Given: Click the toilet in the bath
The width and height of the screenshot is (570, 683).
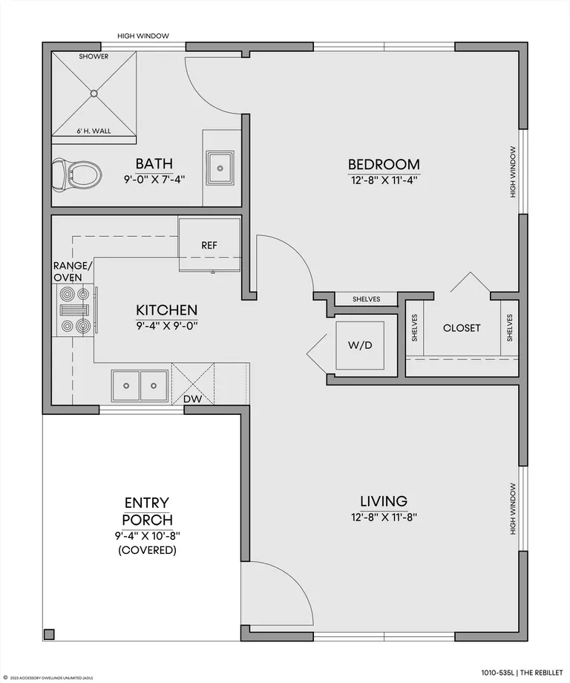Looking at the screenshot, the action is [x=77, y=175].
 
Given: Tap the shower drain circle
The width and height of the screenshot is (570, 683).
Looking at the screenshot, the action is [x=94, y=94].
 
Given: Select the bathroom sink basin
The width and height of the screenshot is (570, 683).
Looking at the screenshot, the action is [x=220, y=168].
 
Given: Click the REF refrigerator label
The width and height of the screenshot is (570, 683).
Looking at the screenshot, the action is [x=209, y=245].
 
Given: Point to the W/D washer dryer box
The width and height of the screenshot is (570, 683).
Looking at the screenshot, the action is [x=360, y=345].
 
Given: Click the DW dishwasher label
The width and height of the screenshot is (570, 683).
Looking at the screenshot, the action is [x=192, y=399].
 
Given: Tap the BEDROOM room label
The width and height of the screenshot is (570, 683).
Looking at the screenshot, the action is [x=384, y=164].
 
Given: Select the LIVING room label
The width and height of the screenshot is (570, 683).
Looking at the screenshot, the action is [x=384, y=501].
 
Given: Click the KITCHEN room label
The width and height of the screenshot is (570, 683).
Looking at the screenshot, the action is [x=167, y=310].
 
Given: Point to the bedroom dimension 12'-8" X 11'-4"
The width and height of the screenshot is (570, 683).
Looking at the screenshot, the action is [x=384, y=180].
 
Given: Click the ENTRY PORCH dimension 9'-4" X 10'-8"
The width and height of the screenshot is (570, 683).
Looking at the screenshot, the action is [x=148, y=535].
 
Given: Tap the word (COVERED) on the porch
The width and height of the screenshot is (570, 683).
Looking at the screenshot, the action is [x=147, y=550].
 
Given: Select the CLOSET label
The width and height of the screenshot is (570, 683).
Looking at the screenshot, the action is [x=462, y=328].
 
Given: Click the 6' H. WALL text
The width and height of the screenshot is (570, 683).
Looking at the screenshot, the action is [x=94, y=131].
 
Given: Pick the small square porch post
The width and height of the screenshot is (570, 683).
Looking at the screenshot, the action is [x=49, y=634].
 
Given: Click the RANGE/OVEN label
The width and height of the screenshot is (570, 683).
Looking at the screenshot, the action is [x=73, y=272].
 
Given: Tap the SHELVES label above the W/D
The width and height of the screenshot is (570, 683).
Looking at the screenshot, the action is [x=366, y=298].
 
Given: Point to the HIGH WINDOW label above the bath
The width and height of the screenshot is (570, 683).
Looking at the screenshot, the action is [x=143, y=36].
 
